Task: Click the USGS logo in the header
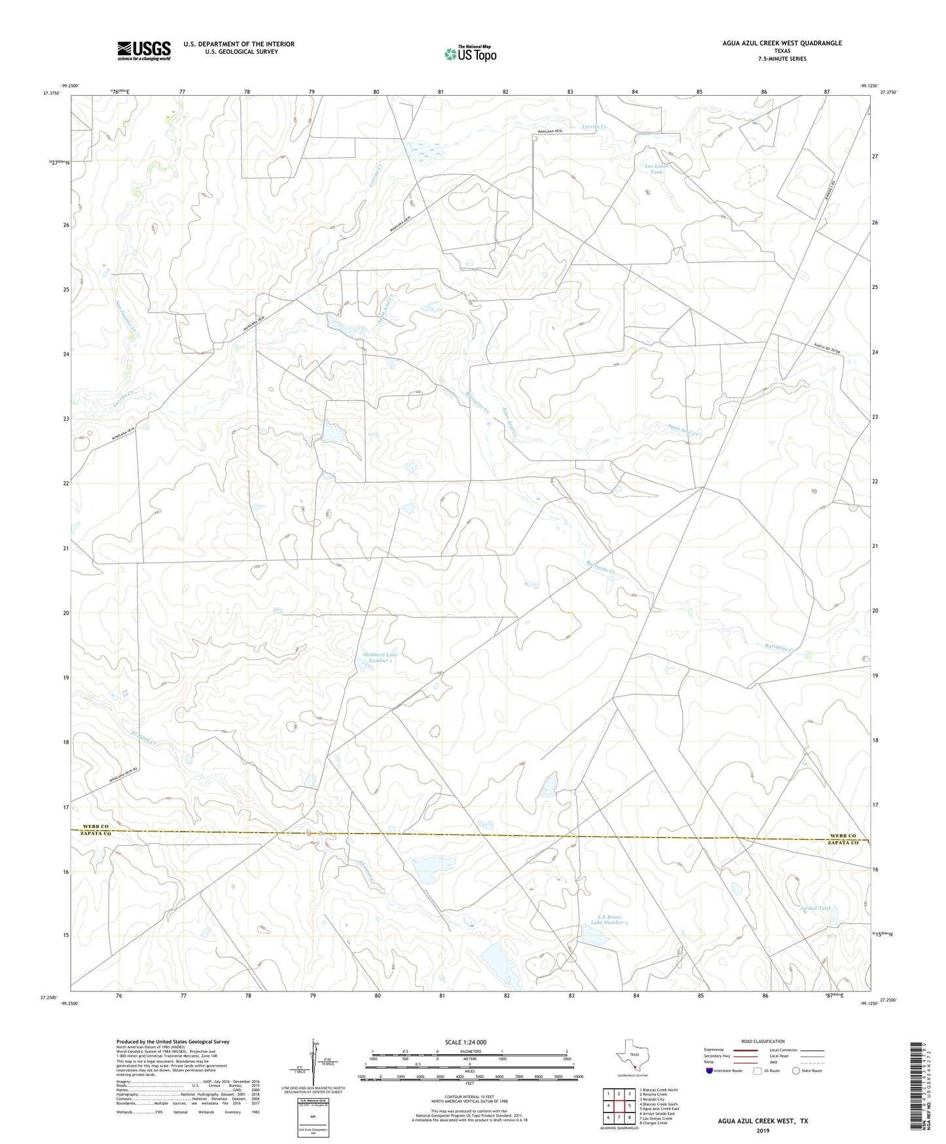[x=144, y=50]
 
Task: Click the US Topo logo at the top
[x=469, y=54]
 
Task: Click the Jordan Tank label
[x=816, y=908]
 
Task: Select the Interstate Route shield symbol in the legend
[x=710, y=1071]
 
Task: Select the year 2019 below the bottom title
[x=762, y=1130]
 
